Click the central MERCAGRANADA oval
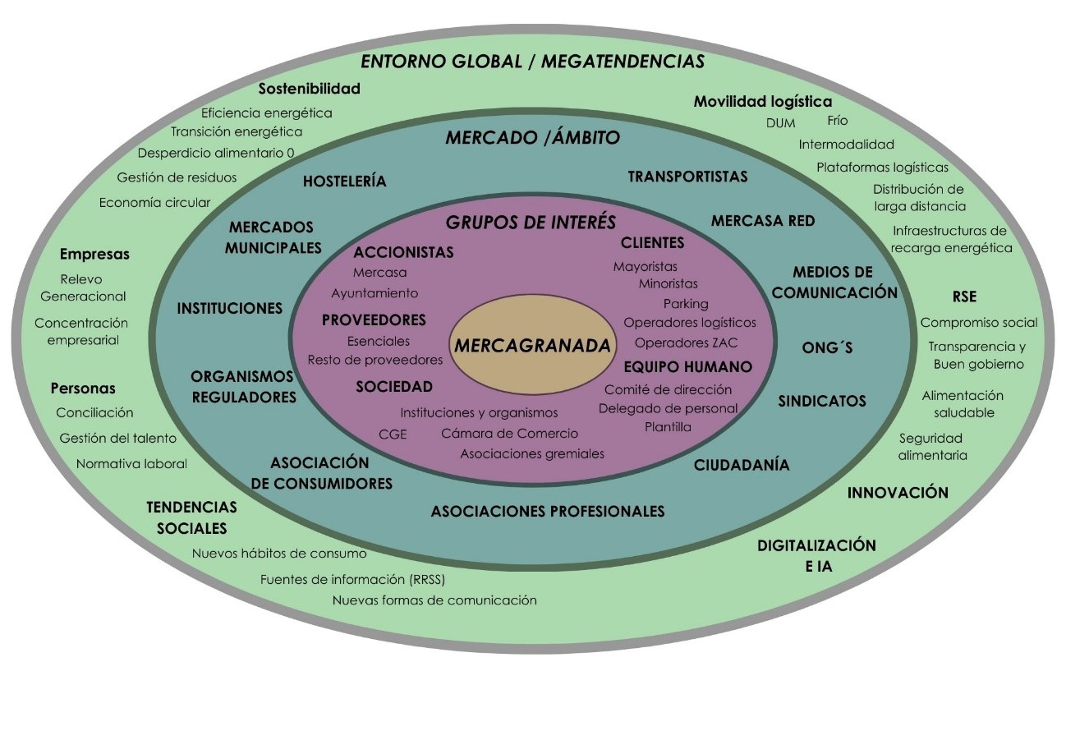pos(532,346)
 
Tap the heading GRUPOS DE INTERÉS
pos(531,223)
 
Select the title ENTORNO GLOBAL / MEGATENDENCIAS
pos(532,62)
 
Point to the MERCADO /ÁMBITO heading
pos(532,137)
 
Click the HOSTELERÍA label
pos(344,182)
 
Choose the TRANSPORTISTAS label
pos(687,177)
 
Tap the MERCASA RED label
pos(762,221)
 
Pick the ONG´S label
pos(827,348)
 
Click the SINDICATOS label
pos(822,401)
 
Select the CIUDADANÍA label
pos(742,465)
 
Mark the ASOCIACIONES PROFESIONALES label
pos(548,512)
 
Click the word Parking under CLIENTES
pos(686,303)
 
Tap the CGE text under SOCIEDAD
pos(393,434)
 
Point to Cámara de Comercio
pos(509,434)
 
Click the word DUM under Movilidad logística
pos(780,123)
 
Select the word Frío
pos(838,121)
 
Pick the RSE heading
pos(964,297)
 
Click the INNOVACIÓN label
pos(898,493)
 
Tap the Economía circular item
pos(154,202)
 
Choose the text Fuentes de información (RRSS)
pos(352,580)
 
